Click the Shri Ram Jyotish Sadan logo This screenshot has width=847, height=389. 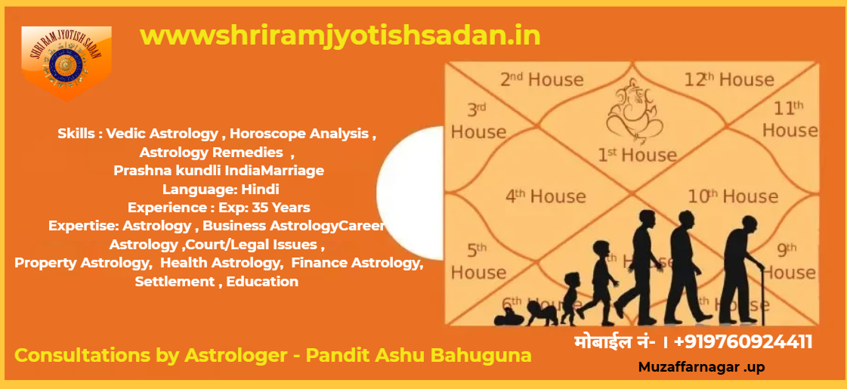pos(66,63)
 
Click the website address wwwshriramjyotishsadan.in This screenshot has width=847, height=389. pos(340,36)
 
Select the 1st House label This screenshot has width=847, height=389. pos(636,155)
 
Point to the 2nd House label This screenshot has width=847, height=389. pos(542,79)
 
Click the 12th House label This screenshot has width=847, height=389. pos(728,79)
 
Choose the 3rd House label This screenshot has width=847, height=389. pos(478,122)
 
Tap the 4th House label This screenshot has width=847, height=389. pos(546,196)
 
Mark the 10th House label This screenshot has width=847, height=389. pos(732,196)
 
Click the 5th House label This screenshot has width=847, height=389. pos(478,261)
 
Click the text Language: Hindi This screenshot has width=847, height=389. pos(221,189)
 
